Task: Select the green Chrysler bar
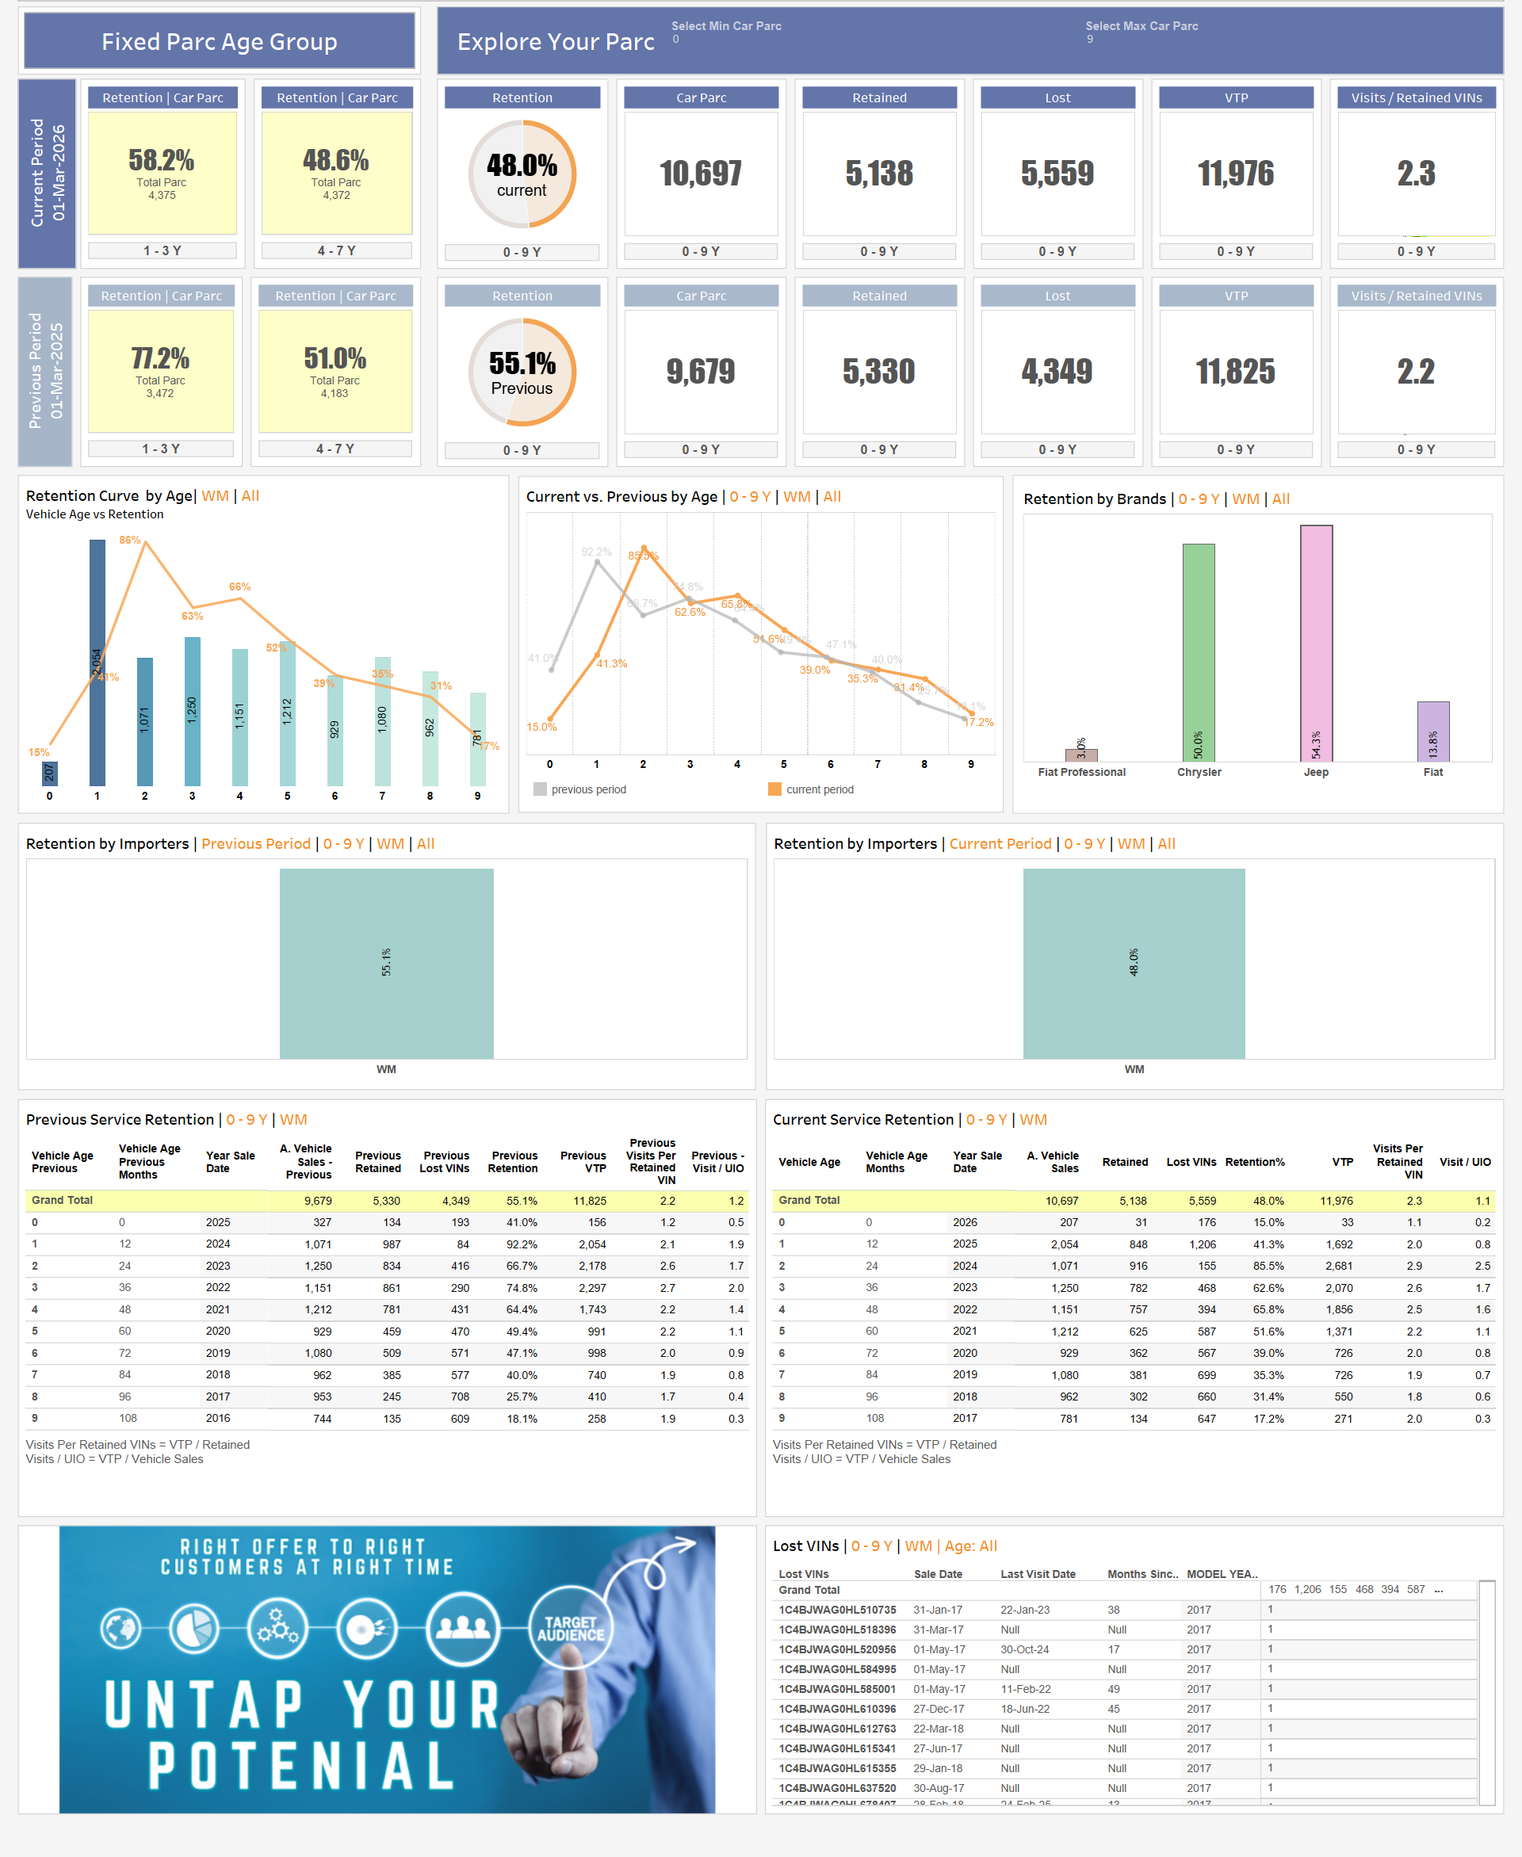(1199, 652)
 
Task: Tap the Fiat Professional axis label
(1081, 772)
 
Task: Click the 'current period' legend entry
(818, 789)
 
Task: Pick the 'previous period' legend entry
(587, 789)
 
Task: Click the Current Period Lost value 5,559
(1057, 174)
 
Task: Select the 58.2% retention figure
(162, 160)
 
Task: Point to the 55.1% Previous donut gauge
(522, 372)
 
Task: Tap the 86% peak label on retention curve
(130, 540)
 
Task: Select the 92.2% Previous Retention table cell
(522, 1244)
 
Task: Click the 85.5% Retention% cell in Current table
(1268, 1266)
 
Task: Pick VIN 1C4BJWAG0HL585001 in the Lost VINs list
(837, 1689)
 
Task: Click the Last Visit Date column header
(1037, 1574)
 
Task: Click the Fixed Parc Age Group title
(219, 41)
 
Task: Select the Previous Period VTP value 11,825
(1235, 372)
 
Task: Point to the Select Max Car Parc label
(1141, 26)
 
